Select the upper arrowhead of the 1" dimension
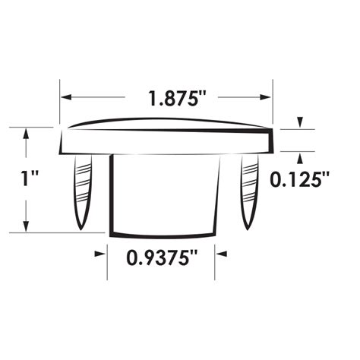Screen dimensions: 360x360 coord(28,132)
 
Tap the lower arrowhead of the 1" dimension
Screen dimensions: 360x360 coord(28,227)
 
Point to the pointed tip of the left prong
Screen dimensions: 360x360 coord(80,226)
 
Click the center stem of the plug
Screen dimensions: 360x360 coord(165,194)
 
